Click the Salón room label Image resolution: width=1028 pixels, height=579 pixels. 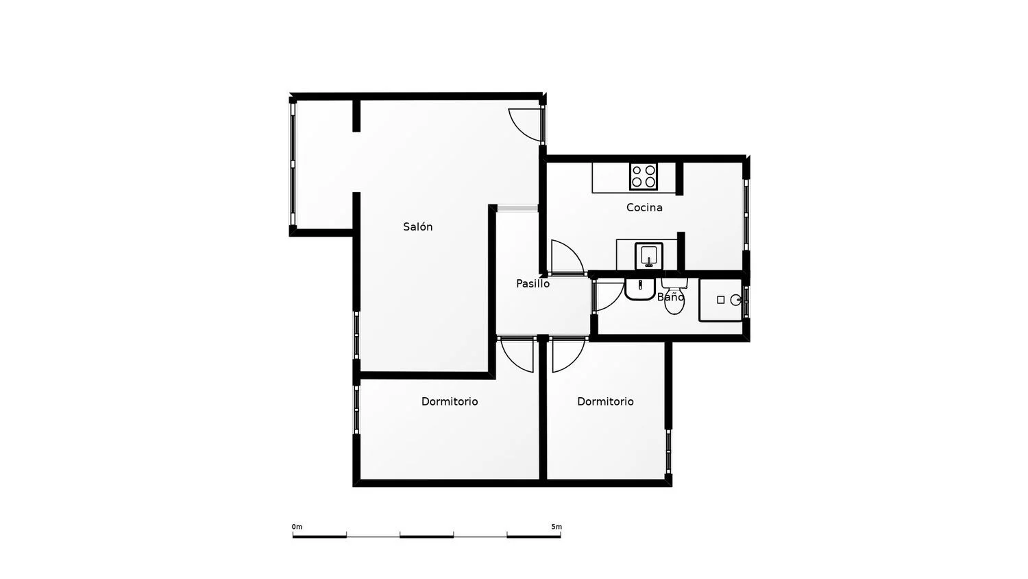point(417,226)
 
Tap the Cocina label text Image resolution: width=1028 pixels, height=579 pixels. point(644,208)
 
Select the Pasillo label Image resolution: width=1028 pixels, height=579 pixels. point(533,284)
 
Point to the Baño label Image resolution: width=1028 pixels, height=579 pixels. point(670,297)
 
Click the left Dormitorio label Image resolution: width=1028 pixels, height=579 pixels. point(450,401)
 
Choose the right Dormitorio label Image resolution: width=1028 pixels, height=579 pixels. point(605,401)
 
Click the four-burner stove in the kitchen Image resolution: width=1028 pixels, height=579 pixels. point(644,176)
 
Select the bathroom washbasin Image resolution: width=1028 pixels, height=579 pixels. point(639,289)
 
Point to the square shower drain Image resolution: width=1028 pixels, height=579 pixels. point(720,300)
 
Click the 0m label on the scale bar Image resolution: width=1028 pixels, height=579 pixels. point(297,527)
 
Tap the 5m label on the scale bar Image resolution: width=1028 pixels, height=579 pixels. point(556,527)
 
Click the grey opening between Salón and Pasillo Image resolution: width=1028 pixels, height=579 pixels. point(517,209)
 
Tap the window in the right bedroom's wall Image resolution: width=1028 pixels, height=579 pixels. point(668,451)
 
